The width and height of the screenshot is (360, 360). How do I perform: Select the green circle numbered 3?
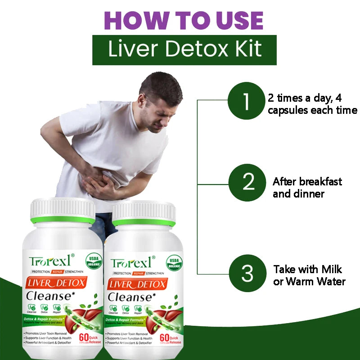click(x=247, y=273)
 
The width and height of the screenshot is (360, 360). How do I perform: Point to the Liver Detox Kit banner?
click(x=184, y=49)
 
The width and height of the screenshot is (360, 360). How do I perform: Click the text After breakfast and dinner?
click(x=307, y=188)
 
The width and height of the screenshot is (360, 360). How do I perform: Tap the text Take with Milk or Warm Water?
click(x=309, y=275)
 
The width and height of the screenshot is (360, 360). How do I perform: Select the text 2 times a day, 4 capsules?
click(x=312, y=104)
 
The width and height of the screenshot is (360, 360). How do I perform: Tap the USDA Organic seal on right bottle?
click(x=174, y=262)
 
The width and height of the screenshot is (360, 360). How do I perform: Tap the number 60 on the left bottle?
click(x=83, y=337)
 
